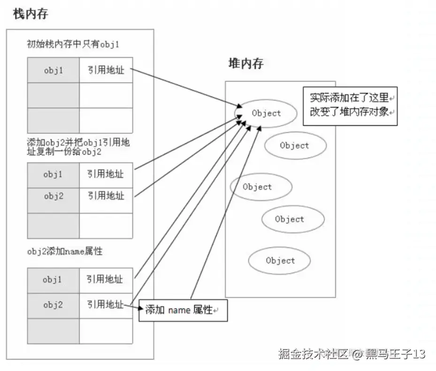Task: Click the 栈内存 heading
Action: [31, 14]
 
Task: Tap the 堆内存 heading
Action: [246, 63]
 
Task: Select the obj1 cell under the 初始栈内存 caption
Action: [54, 70]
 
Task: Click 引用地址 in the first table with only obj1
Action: [106, 70]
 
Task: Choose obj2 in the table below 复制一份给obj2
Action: [53, 197]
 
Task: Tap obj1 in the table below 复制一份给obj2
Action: [53, 174]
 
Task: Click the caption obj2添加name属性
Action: [65, 252]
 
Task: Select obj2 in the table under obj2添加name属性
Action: [53, 305]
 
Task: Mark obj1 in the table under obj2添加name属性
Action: [53, 279]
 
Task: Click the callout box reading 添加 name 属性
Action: [183, 310]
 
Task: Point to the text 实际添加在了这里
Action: [349, 98]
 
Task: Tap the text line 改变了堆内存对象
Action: [349, 113]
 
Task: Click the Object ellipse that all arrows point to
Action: [266, 113]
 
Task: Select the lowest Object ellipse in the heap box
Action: [280, 261]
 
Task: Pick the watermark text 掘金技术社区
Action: [314, 353]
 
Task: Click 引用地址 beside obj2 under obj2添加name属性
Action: [105, 305]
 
